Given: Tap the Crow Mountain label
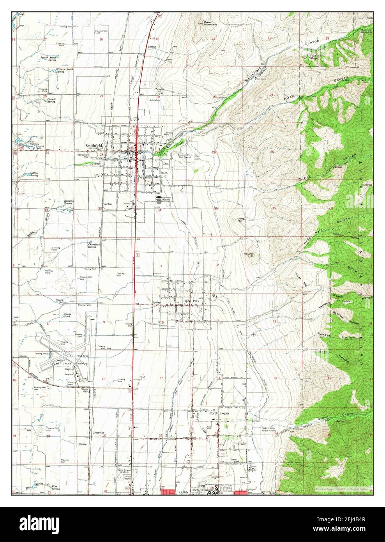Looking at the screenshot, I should [x=210, y=23].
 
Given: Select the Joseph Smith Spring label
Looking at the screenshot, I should [x=49, y=59].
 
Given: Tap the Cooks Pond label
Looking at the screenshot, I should [x=68, y=316].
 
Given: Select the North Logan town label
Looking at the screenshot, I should [x=219, y=424].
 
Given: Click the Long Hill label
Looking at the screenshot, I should [x=240, y=221].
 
